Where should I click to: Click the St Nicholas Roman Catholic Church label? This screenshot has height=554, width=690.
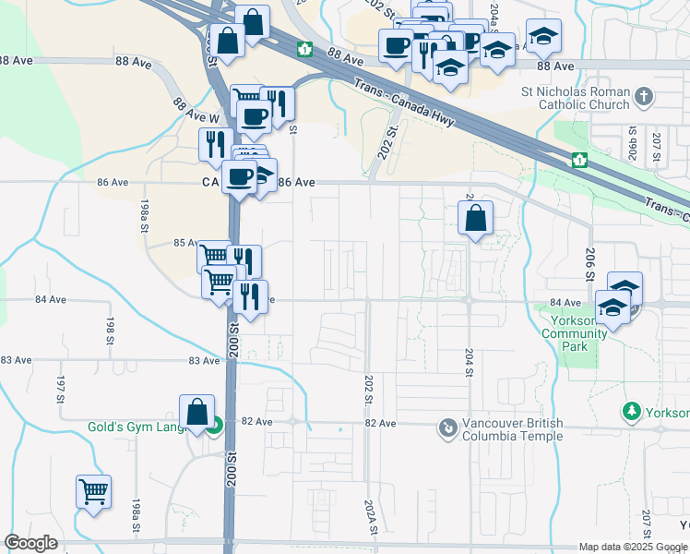pyautogui.click(x=576, y=98)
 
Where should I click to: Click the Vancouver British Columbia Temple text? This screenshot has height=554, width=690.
pyautogui.click(x=513, y=429)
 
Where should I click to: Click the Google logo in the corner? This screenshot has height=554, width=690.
pyautogui.click(x=30, y=543)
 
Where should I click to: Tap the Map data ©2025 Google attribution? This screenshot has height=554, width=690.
pyautogui.click(x=633, y=547)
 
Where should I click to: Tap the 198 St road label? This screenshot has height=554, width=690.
pyautogui.click(x=109, y=326)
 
